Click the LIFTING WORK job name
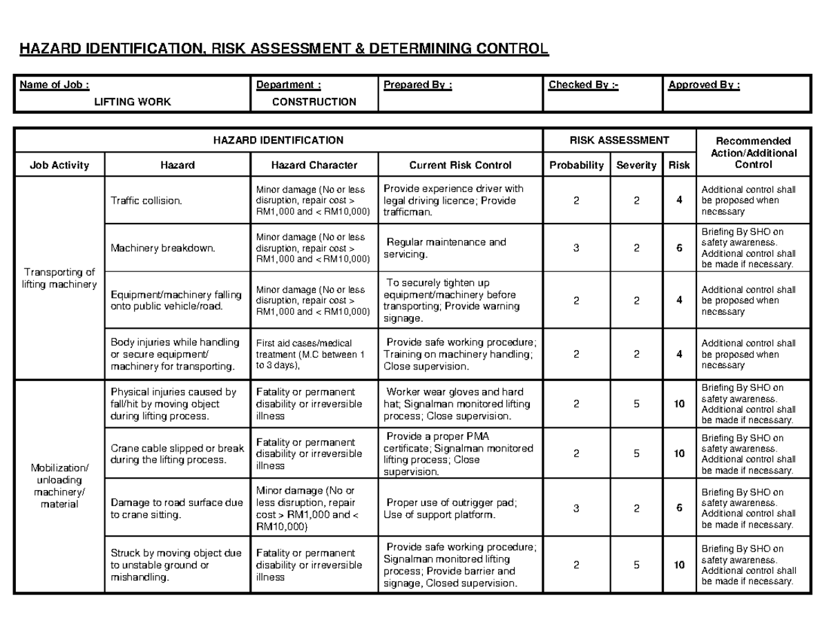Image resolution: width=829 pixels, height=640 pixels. pyautogui.click(x=133, y=102)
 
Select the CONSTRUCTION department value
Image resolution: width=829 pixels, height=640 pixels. pyautogui.click(x=314, y=102)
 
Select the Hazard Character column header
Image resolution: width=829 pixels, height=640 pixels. pyautogui.click(x=314, y=165)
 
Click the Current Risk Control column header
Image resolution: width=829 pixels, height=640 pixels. pyautogui.click(x=460, y=165)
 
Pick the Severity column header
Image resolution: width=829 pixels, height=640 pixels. pyautogui.click(x=636, y=165)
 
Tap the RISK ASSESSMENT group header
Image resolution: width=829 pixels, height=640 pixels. pyautogui.click(x=618, y=140)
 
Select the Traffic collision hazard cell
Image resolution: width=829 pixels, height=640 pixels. pyautogui.click(x=146, y=200)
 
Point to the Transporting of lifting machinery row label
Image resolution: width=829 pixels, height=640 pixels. pyautogui.click(x=59, y=278)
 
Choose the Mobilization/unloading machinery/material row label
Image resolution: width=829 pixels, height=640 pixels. pyautogui.click(x=59, y=485)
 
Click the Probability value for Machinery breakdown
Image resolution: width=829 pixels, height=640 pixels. pyautogui.click(x=576, y=249)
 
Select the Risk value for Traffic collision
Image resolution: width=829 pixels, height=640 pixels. pyautogui.click(x=679, y=200)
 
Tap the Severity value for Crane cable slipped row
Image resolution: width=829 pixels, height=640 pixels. pyautogui.click(x=636, y=454)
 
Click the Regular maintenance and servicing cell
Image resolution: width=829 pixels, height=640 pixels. pyautogui.click(x=446, y=249)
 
